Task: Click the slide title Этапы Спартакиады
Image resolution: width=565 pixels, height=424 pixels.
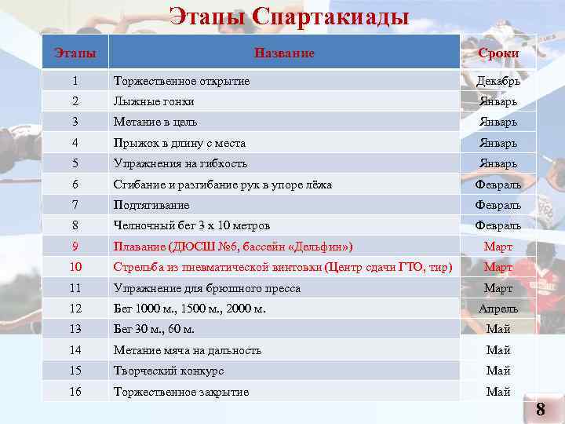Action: [x=290, y=16]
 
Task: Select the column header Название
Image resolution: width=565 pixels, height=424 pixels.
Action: [x=284, y=53]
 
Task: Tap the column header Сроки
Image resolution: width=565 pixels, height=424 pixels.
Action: [x=498, y=53]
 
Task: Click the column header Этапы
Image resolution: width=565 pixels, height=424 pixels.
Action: [x=75, y=53]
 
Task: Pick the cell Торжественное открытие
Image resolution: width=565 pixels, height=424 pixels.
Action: [x=182, y=81]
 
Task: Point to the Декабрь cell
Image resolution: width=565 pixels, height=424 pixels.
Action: [x=498, y=81]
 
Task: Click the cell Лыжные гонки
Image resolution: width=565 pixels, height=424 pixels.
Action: [x=154, y=101]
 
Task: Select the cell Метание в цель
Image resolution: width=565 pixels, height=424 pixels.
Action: [x=155, y=122]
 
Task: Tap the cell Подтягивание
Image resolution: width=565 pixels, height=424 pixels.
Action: [x=151, y=204]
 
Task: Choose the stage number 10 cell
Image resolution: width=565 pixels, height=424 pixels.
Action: [x=75, y=267]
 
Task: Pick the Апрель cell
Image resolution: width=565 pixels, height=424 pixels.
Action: [x=498, y=309]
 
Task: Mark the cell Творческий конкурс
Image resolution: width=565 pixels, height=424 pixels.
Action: [x=169, y=371]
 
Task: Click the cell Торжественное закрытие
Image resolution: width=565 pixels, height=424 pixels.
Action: [x=181, y=391]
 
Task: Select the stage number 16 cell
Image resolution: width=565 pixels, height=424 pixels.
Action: [x=75, y=391]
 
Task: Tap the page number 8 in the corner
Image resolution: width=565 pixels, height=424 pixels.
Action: [x=540, y=409]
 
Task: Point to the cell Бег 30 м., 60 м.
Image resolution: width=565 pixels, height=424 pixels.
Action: [x=154, y=329]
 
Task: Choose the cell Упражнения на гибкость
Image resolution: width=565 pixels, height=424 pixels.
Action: [x=180, y=163]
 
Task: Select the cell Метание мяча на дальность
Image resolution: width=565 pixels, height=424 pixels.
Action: [x=188, y=350]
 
